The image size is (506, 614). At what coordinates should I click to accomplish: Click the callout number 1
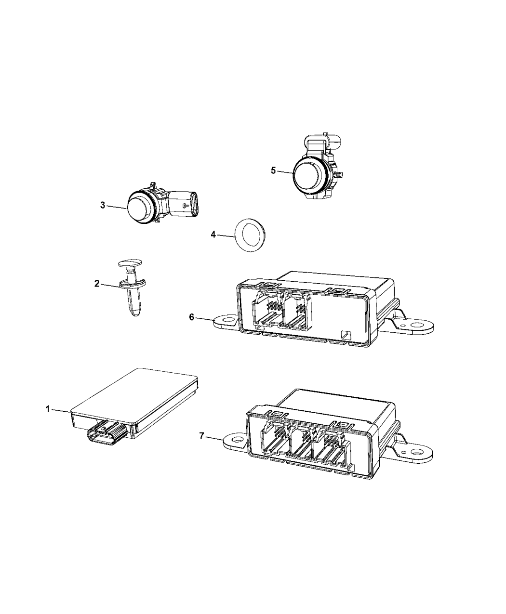[x=48, y=409]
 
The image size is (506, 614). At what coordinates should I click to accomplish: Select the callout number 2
[x=97, y=284]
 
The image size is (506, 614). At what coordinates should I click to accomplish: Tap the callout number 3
[x=103, y=205]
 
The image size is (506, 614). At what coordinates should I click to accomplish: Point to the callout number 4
[x=213, y=235]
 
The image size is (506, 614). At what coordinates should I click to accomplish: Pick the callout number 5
[x=273, y=170]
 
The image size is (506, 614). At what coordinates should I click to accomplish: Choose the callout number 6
[x=192, y=317]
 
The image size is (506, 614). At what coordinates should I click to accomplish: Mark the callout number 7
[x=201, y=444]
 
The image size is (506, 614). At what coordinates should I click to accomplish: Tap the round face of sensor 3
[x=139, y=208]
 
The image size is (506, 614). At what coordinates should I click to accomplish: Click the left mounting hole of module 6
[x=227, y=319]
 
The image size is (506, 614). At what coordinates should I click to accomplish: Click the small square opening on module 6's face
[x=345, y=335]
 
